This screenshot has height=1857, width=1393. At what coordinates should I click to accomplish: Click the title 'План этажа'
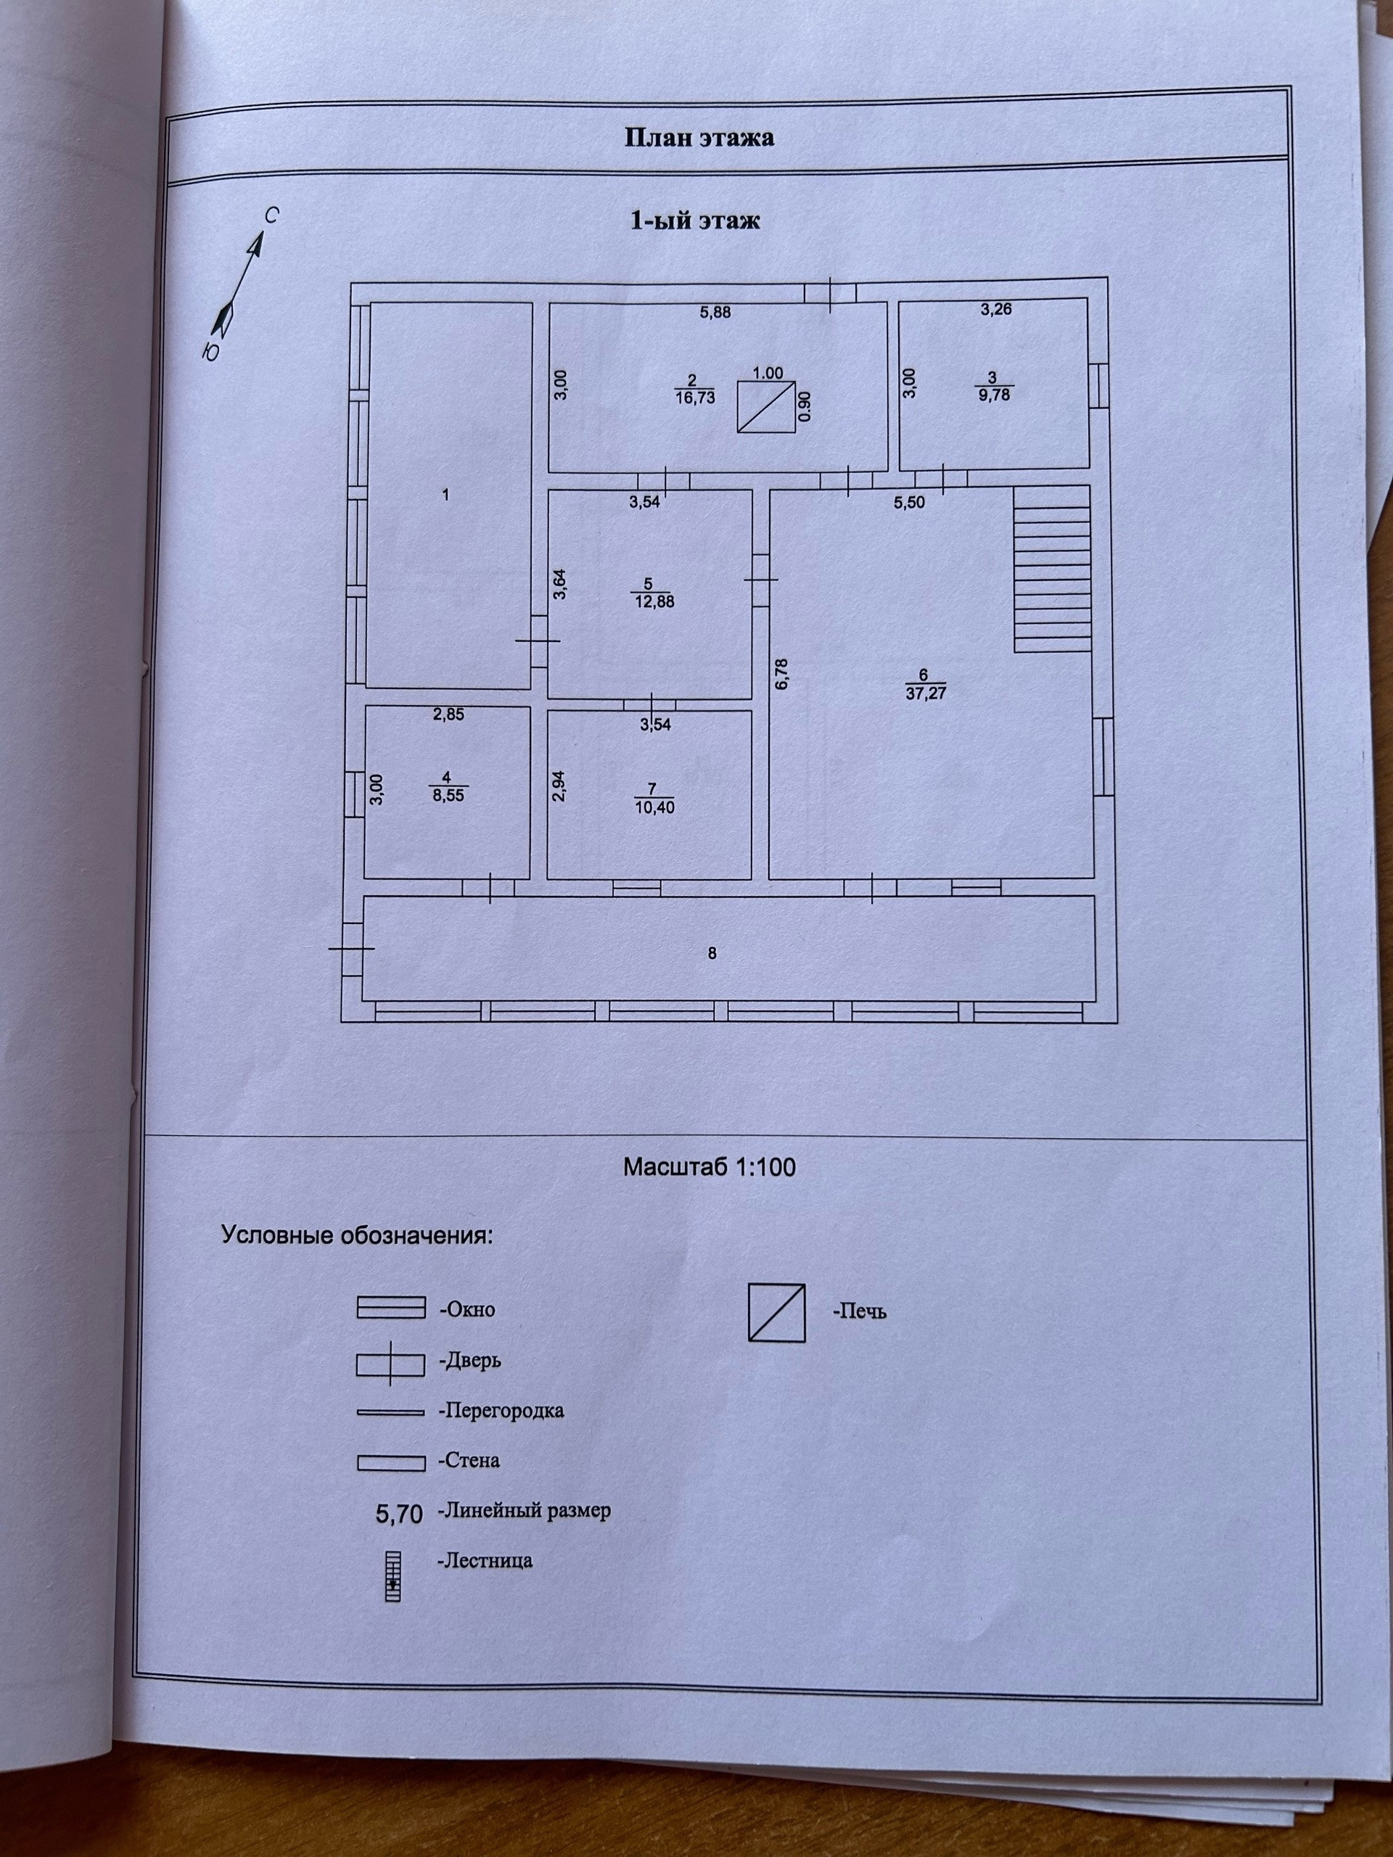click(699, 139)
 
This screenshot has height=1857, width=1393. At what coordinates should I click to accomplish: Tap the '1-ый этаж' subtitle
click(694, 221)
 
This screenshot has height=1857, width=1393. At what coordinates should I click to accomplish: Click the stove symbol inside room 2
click(765, 406)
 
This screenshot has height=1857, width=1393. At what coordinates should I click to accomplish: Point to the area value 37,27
click(921, 693)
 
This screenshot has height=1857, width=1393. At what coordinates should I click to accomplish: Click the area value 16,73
click(694, 398)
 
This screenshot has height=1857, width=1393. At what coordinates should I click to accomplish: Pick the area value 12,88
click(655, 601)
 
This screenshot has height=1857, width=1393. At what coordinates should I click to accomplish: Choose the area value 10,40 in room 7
click(655, 807)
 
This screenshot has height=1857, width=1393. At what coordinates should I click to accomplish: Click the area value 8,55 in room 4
click(448, 795)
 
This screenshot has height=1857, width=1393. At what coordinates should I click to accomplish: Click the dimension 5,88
click(715, 313)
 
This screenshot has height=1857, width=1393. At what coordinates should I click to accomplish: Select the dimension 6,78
click(781, 673)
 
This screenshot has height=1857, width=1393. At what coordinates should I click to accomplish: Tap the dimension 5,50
click(908, 503)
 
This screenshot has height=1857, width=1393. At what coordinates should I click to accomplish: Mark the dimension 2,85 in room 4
click(448, 715)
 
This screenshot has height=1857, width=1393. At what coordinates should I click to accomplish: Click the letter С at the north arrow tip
click(271, 215)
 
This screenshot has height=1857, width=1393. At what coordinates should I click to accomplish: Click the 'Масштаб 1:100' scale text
click(709, 1168)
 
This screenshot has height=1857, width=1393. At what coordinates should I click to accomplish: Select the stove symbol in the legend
click(777, 1312)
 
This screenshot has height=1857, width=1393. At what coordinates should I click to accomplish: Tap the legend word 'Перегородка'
click(501, 1410)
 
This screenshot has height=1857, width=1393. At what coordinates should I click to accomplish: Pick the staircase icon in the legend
click(392, 1576)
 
